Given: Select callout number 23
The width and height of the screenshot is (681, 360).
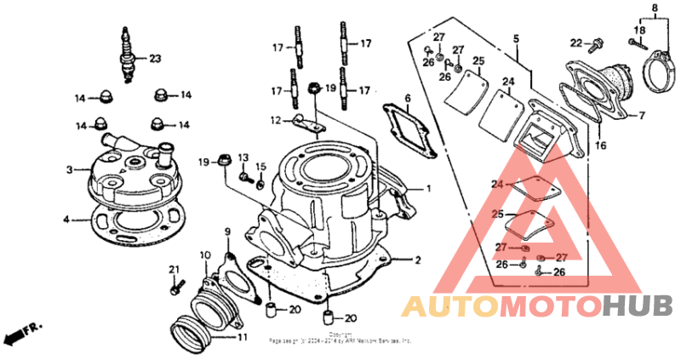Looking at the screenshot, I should point(154,59).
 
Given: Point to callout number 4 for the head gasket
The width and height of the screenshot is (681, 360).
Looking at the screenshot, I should point(66,219).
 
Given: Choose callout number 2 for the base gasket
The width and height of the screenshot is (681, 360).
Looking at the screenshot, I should point(417,260).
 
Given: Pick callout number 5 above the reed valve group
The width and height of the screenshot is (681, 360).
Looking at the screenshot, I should point(516,39).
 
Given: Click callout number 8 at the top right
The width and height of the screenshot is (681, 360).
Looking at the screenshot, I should point(655,9).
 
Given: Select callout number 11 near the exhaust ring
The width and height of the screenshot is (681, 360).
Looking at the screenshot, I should point(242,337).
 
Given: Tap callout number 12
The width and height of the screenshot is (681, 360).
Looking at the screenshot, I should point(275,120).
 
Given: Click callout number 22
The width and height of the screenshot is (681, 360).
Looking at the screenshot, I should point(575,43).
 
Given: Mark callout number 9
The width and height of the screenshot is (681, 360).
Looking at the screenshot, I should point(227,231).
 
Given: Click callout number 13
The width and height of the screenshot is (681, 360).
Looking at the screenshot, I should point(242,158).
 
